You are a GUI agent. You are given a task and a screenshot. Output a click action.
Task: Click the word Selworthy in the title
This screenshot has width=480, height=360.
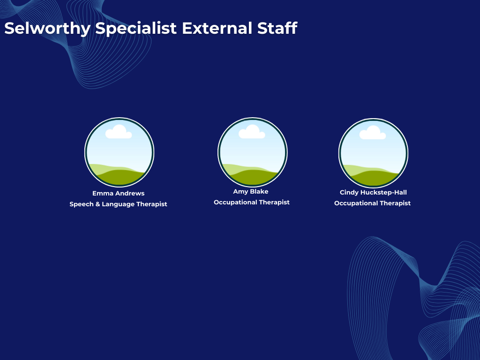47,29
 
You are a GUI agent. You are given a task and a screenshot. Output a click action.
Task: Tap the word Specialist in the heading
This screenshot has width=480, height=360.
136,29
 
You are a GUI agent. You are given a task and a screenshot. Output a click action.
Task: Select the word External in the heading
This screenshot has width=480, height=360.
217,28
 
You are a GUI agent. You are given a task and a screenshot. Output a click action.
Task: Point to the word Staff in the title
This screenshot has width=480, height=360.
277,28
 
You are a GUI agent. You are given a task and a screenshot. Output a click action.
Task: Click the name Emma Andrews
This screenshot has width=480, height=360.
119,193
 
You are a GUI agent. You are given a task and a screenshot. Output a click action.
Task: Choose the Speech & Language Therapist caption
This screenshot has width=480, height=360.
118,204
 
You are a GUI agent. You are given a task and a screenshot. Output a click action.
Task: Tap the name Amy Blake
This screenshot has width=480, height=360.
251,192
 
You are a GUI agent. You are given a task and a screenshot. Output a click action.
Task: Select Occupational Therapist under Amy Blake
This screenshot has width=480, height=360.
252,202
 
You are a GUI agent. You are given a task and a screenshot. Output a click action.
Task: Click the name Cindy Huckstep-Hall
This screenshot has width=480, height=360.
373,193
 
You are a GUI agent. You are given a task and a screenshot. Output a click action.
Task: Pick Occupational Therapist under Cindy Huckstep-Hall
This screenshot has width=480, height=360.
372,203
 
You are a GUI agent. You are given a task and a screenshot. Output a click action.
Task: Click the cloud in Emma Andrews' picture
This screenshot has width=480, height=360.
119,132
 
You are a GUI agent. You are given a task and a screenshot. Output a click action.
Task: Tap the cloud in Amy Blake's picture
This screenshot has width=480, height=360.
252,132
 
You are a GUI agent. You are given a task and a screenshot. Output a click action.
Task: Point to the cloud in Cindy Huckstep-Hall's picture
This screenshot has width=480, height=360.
373,133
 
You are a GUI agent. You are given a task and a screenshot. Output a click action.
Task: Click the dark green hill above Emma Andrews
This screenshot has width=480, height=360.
120,178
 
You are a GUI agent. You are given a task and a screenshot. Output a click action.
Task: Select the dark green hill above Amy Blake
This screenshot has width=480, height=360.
253,178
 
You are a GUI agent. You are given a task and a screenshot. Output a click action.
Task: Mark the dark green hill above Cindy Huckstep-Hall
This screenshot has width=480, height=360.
374,179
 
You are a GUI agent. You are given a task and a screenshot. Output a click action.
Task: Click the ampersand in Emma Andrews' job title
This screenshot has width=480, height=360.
97,204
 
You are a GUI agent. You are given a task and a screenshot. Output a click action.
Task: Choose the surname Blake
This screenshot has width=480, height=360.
259,192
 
